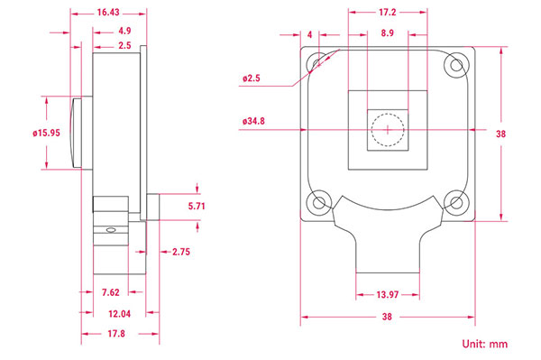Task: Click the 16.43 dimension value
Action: pyautogui.click(x=108, y=13)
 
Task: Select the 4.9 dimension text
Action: pyautogui.click(x=124, y=31)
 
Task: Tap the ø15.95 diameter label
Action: pyautogui.click(x=47, y=133)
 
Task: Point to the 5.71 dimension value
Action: pyautogui.click(x=197, y=206)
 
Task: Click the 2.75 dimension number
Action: pyautogui.click(x=181, y=252)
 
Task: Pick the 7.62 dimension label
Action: pyautogui.click(x=111, y=292)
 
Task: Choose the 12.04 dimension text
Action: pyautogui.click(x=119, y=314)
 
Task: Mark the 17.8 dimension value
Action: pyautogui.click(x=116, y=334)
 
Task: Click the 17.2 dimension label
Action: pyautogui.click(x=388, y=13)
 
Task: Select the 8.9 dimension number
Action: pyautogui.click(x=388, y=33)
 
